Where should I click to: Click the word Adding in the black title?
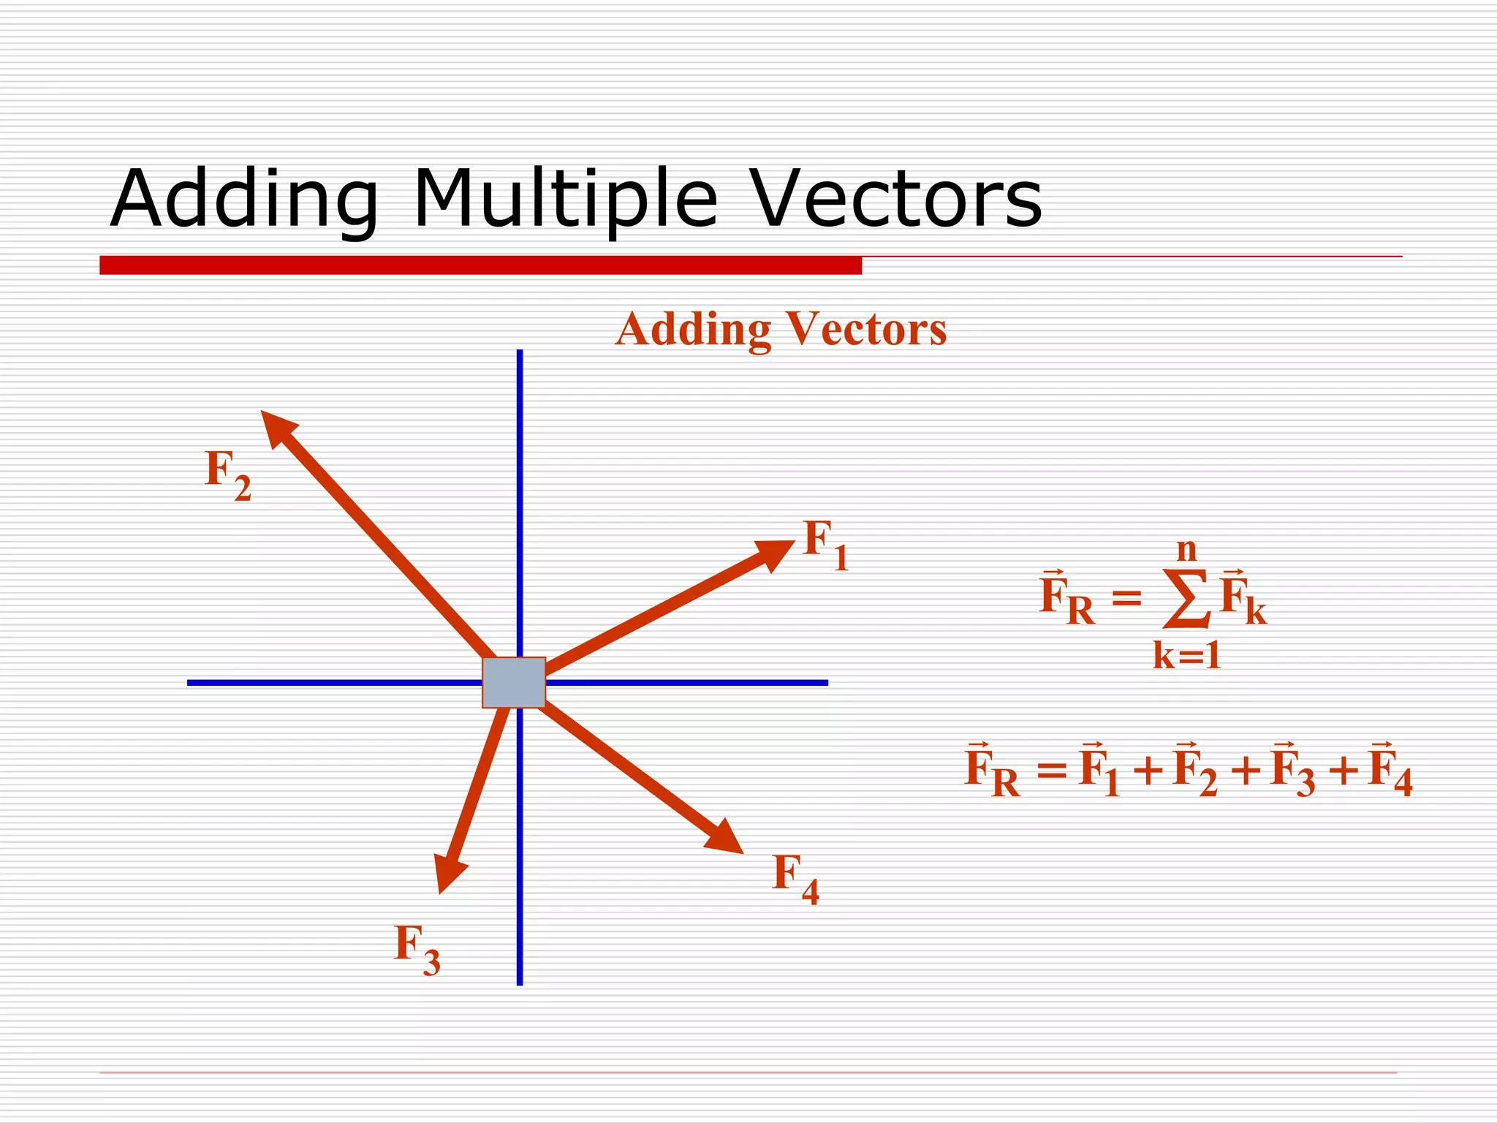pos(244,199)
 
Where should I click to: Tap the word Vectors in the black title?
pos(897,199)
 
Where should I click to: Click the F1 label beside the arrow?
pos(825,545)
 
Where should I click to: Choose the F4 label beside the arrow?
pos(795,878)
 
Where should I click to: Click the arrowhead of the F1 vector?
pos(776,553)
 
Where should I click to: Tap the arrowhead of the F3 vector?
pos(447,871)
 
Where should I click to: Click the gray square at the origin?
pos(514,682)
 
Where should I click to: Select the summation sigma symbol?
pos(1186,600)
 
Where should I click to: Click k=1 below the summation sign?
pos(1187,655)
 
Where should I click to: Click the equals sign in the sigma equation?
pos(1126,599)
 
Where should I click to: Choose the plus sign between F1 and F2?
pos(1148,771)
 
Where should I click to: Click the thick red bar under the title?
pos(480,265)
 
